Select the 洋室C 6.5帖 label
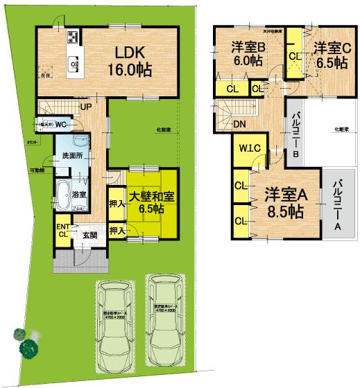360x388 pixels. click(x=329, y=55)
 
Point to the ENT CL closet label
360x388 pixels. click(x=63, y=231)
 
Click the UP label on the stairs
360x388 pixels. click(x=86, y=107)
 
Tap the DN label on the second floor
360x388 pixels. click(x=238, y=125)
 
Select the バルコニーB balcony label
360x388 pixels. click(x=294, y=136)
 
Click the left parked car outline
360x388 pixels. click(x=119, y=321)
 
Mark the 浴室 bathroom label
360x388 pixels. click(x=79, y=193)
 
